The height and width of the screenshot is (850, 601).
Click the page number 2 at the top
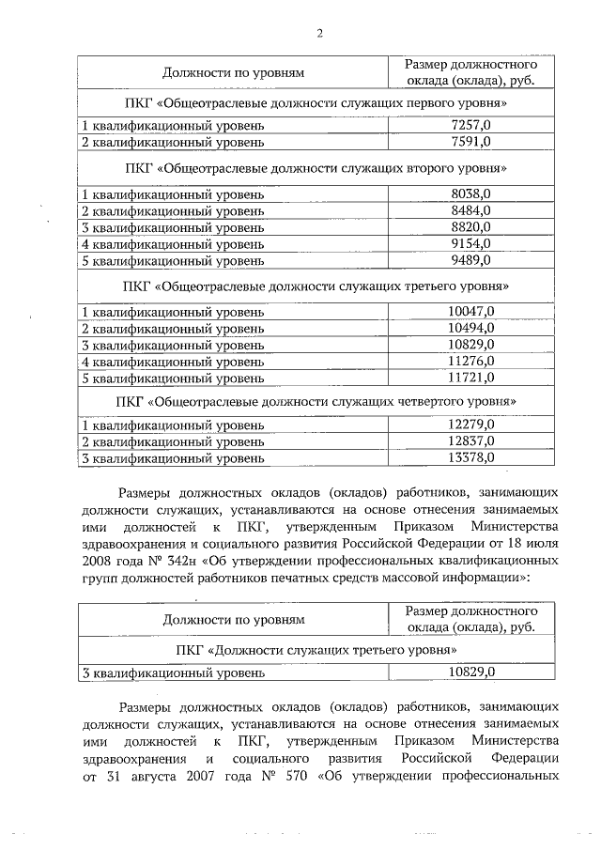coord(318,35)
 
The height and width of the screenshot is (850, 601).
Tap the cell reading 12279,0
coord(470,425)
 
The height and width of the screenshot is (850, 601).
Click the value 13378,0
coord(470,458)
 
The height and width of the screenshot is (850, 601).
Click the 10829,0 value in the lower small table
coord(470,672)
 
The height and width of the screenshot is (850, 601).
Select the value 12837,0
coord(470,441)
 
